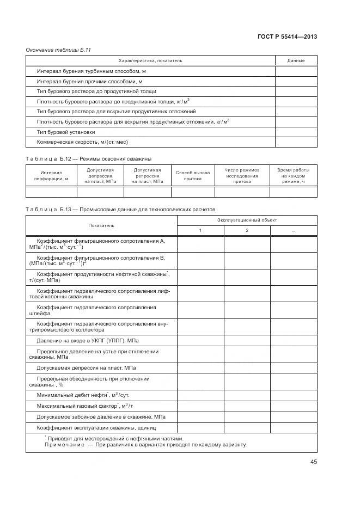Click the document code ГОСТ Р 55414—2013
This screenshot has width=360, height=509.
287,37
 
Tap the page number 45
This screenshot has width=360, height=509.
314,462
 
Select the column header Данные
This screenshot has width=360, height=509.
296,60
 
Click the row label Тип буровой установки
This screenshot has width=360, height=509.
66,132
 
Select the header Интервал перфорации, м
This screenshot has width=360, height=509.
51,175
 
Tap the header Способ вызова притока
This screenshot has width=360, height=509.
193,175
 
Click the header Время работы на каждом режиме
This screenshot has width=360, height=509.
293,175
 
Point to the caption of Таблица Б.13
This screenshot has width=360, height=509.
120,208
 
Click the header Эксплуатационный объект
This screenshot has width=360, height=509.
247,220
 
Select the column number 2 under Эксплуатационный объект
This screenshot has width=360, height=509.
247,231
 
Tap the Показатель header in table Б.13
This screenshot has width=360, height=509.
101,225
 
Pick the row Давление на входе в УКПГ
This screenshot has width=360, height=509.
87,341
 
